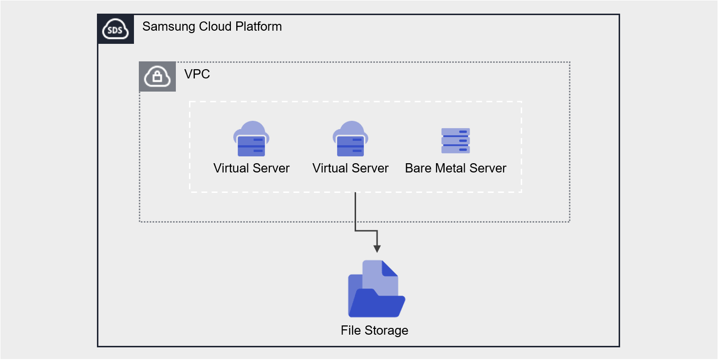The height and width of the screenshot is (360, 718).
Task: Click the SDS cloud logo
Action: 116,29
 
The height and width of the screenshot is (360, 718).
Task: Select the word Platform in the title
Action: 259,26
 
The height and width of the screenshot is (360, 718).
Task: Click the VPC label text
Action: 197,75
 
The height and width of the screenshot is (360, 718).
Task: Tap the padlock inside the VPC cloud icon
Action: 157,77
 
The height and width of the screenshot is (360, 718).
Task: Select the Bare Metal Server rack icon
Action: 455,141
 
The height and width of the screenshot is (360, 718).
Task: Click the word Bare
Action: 417,169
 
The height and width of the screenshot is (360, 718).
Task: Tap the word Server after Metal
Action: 488,169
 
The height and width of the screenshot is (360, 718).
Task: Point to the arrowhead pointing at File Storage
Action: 377,248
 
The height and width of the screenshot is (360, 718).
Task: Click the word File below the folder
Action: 350,330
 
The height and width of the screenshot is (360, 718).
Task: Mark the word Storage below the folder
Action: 386,330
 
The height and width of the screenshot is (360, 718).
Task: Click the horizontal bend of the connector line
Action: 366,230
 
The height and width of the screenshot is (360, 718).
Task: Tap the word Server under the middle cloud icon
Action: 371,169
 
